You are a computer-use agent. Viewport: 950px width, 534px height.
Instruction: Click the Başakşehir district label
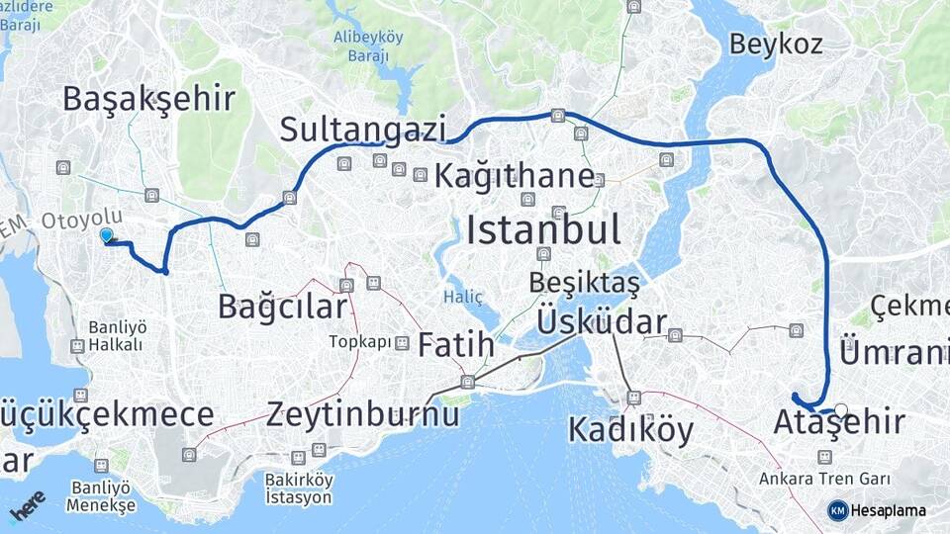click(148, 99)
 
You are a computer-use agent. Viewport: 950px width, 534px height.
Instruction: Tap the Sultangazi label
click(363, 129)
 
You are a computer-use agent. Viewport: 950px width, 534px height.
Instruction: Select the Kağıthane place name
click(514, 177)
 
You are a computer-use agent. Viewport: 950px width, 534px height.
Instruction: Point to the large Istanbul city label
click(543, 229)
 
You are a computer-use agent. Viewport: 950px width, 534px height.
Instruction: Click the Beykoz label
click(776, 44)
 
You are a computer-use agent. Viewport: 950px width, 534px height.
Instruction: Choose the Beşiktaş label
click(584, 282)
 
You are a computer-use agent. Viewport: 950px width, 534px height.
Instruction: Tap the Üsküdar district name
click(602, 321)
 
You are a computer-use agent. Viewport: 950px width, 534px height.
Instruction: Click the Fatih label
click(455, 345)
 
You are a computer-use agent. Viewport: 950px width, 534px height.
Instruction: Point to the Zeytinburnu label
click(362, 414)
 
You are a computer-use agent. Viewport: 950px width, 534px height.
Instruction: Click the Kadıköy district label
click(630, 430)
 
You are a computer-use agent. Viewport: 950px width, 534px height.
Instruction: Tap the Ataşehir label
click(839, 423)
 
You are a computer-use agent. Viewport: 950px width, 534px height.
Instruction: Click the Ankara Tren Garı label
click(824, 480)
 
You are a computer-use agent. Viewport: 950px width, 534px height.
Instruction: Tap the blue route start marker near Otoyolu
click(107, 235)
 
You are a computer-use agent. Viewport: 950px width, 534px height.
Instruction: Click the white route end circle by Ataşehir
click(841, 409)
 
